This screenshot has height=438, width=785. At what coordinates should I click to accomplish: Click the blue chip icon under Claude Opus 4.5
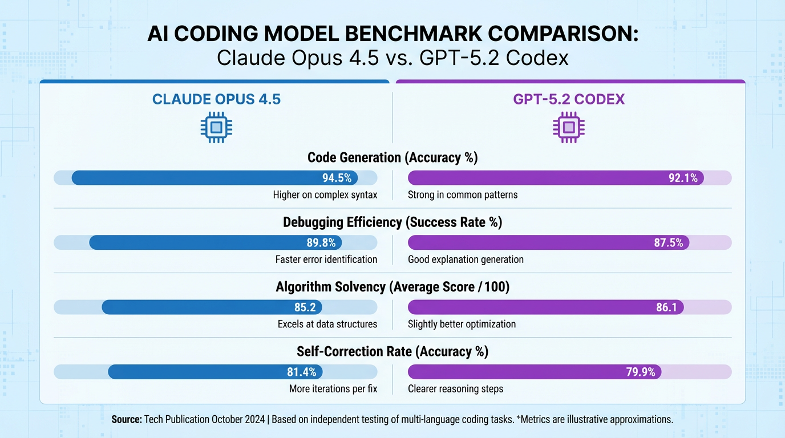[216, 127]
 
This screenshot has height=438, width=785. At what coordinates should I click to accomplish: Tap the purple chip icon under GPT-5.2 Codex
[569, 127]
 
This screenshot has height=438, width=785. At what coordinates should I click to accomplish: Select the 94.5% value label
[337, 178]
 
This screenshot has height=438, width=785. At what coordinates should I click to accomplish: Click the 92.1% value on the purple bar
[683, 178]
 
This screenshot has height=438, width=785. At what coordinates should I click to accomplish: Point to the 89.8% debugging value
[321, 243]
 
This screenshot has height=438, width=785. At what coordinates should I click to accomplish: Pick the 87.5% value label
[668, 243]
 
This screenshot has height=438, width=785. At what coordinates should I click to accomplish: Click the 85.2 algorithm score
[305, 307]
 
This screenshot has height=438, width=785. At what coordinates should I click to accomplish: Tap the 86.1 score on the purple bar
[666, 307]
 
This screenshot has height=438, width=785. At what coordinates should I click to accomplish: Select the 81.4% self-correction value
[302, 372]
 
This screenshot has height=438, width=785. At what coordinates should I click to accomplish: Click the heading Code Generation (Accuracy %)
[392, 158]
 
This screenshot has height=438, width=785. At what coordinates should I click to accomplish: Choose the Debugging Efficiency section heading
[392, 222]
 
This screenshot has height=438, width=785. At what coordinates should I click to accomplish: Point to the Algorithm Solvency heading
[392, 287]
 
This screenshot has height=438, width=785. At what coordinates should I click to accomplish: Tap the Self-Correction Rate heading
[392, 352]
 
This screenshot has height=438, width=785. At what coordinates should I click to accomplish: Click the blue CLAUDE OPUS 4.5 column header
[216, 99]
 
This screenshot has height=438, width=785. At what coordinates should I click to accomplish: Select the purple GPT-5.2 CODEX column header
[569, 99]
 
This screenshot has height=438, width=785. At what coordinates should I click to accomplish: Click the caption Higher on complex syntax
[325, 195]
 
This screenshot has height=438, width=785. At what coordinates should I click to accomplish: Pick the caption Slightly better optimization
[462, 325]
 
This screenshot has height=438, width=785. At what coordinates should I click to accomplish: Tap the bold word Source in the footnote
[126, 419]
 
